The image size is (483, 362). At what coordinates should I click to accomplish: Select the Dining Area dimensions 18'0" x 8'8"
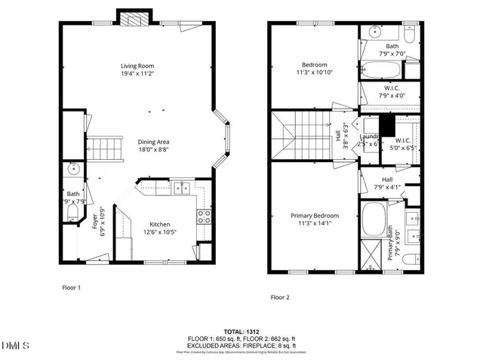pyautogui.click(x=153, y=150)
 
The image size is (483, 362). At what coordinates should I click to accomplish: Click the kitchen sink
pyautogui.click(x=181, y=188)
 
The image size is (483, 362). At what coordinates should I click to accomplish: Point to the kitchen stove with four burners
pyautogui.click(x=204, y=218)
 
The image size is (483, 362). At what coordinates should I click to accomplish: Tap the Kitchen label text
pyautogui.click(x=159, y=225)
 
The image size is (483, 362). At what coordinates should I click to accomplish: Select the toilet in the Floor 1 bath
pyautogui.click(x=72, y=216)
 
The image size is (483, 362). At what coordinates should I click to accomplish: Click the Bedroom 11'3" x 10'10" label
pyautogui.click(x=314, y=65)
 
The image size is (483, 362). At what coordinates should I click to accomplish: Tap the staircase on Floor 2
pyautogui.click(x=301, y=137)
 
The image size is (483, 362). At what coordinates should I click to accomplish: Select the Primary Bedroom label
pyautogui.click(x=315, y=216)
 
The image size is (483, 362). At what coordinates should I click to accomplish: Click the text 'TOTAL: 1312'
pyautogui.click(x=244, y=331)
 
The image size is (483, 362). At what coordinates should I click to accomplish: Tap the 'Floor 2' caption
pyautogui.click(x=281, y=297)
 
